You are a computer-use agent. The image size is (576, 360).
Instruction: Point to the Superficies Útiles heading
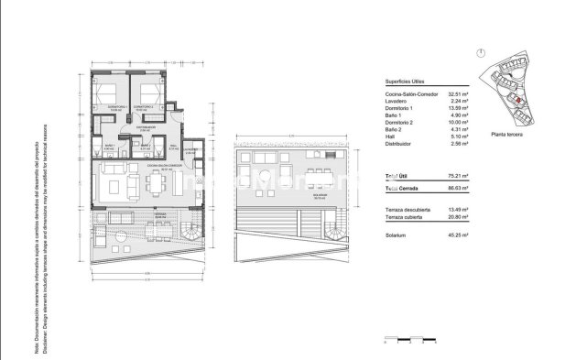408,81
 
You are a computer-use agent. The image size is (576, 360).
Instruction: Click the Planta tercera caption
509,135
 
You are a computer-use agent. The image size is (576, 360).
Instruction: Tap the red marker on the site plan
518,100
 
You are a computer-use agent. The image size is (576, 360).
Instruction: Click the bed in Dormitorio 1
104,94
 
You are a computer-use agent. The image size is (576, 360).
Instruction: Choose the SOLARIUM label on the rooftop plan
293,194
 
